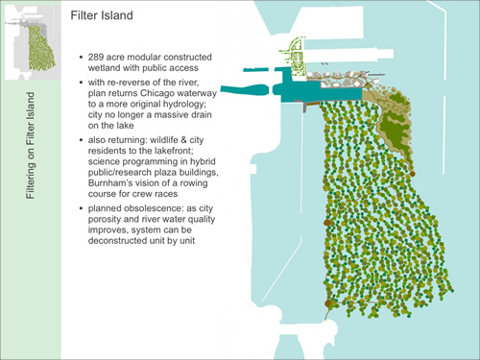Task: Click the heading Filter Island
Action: (x=108, y=16)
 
